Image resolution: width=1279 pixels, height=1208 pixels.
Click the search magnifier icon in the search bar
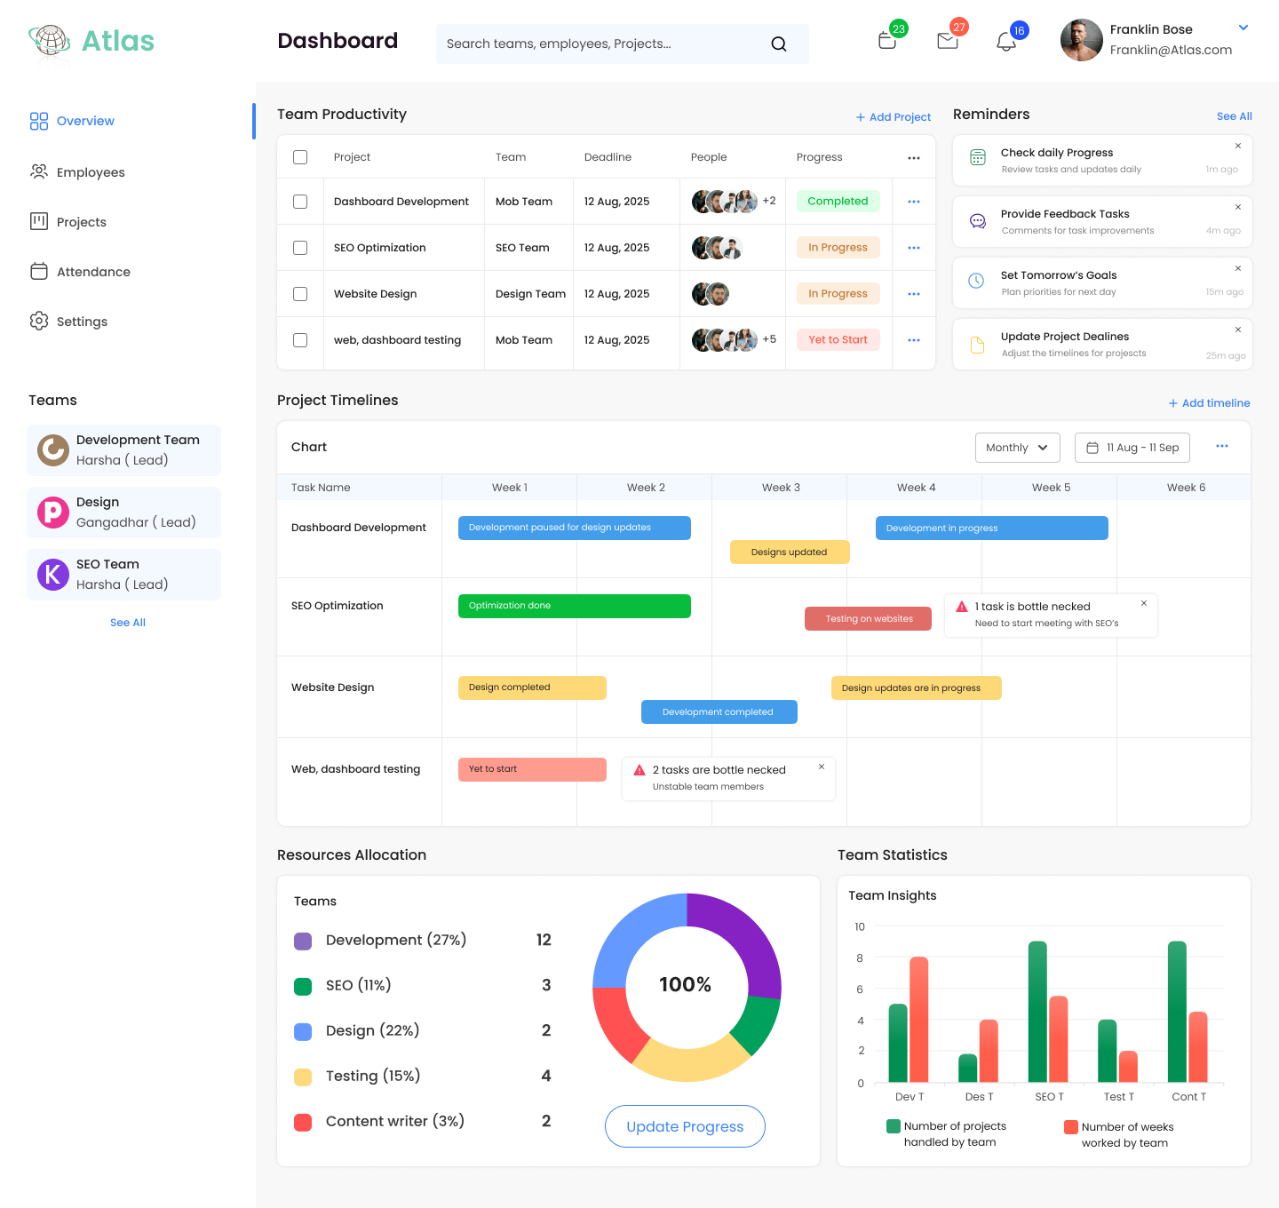point(779,44)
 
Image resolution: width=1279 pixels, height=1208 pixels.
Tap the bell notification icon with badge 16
point(1005,42)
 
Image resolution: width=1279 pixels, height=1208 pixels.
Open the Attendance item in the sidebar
point(93,272)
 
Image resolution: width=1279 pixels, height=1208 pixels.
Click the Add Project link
point(894,117)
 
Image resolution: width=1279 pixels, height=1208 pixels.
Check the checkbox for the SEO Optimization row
point(300,248)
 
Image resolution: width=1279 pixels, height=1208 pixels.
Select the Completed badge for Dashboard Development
point(838,202)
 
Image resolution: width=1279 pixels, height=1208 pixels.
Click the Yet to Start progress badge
point(838,340)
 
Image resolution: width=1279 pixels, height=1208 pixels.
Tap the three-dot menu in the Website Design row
point(914,294)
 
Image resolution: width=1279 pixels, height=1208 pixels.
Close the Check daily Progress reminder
point(1238,147)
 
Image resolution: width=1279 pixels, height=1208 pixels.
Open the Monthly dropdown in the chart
point(1017,448)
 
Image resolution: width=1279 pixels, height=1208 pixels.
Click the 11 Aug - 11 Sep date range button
point(1132,448)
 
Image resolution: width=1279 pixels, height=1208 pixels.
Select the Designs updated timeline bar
point(790,552)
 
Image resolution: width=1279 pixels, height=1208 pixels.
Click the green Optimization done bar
point(574,606)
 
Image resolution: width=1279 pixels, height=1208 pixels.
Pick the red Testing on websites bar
point(868,619)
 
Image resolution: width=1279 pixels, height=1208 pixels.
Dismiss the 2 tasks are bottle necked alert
point(822,767)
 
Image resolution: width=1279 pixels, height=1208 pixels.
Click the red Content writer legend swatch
point(303,1122)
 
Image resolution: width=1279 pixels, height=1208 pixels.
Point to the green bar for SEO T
point(1037,1011)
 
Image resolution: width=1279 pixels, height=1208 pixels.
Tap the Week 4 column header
point(916,488)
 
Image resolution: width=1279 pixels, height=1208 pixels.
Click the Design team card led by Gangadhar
point(123,513)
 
